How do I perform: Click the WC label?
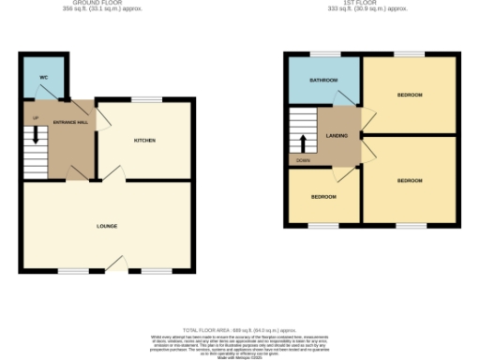(44, 77)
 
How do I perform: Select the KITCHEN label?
(144, 141)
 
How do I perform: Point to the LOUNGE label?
(107, 226)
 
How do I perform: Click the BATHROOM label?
(323, 82)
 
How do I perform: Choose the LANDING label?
(337, 136)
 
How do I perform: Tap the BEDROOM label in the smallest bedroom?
(322, 197)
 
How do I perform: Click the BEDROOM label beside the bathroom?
(410, 96)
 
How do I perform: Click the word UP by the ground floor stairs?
(36, 118)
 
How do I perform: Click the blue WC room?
(42, 86)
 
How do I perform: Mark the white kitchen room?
(145, 155)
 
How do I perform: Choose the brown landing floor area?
(337, 150)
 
